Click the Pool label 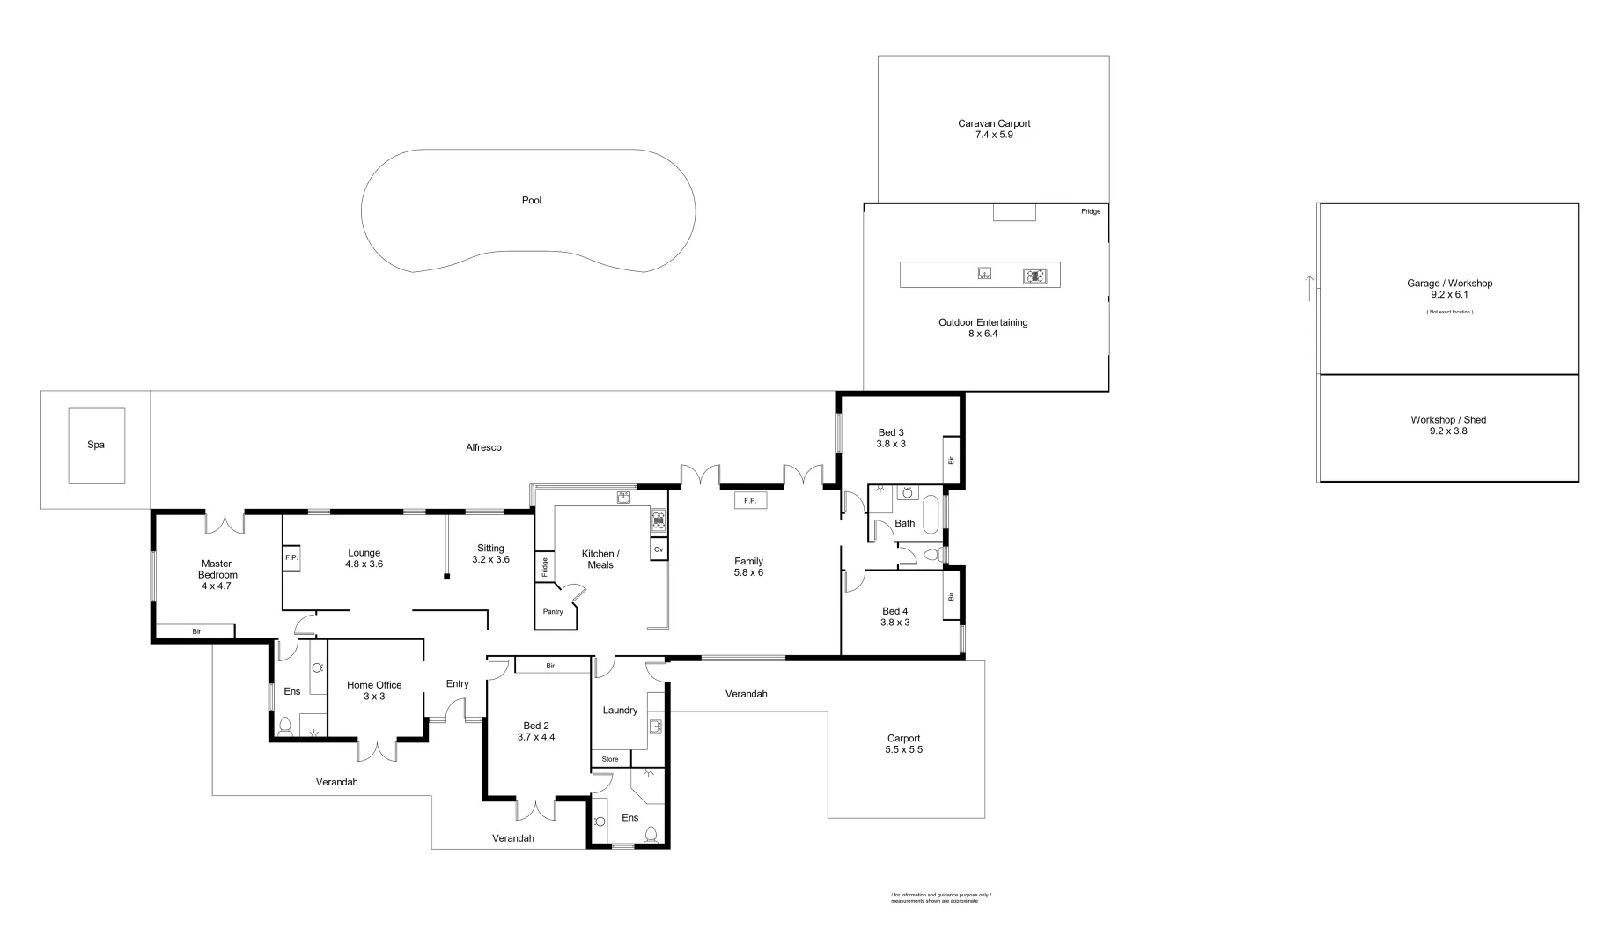(531, 201)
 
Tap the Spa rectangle (96, 445)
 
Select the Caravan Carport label (994, 129)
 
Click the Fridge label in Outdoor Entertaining (1090, 211)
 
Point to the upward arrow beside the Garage (1309, 288)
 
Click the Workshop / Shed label (1447, 425)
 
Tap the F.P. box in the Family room (750, 500)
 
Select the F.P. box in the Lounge (291, 558)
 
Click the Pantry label (553, 612)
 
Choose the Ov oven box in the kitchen (658, 549)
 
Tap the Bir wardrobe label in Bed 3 (951, 460)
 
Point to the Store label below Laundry (610, 759)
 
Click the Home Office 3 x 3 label (374, 690)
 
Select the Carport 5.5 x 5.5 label (903, 744)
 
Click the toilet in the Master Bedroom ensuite (285, 726)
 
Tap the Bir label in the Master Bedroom (196, 631)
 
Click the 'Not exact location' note (1449, 312)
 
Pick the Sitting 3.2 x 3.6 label (490, 554)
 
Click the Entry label (457, 684)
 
